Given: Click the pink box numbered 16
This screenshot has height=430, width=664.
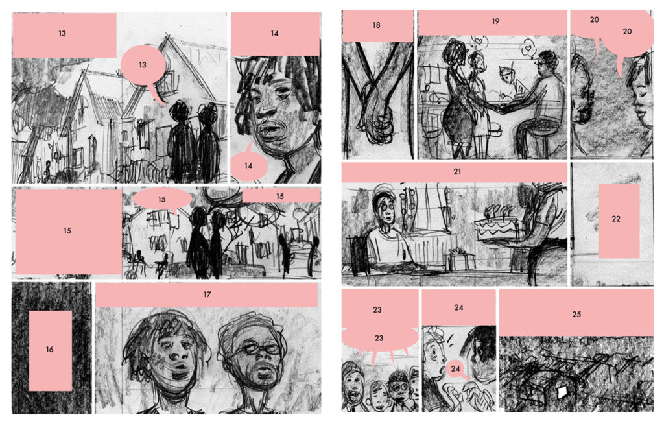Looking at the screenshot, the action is pos(50,351).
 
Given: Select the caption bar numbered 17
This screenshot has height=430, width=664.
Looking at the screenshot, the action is pos(207,295).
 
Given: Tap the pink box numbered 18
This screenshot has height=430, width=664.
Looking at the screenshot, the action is pos(377,26).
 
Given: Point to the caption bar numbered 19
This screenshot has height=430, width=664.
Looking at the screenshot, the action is pos(493,23).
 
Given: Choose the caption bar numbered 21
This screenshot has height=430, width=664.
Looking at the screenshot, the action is pos(455,173).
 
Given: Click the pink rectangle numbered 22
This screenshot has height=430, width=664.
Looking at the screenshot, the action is pos(619,221).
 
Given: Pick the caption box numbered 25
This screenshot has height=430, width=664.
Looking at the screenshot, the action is pos(576,313).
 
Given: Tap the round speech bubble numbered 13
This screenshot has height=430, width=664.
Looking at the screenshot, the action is pos(143,66).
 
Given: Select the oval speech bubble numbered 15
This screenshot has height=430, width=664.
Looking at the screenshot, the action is pos(162,198).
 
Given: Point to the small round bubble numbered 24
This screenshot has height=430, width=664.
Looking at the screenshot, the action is pos(455,369).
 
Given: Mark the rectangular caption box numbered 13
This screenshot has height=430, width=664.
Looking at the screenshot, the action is pos(64,35).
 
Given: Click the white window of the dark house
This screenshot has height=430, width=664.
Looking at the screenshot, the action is pos(563,392).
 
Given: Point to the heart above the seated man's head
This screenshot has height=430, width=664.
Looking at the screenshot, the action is pos(528,49).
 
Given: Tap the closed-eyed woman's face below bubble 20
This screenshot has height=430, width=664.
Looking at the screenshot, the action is pos(640,95).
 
